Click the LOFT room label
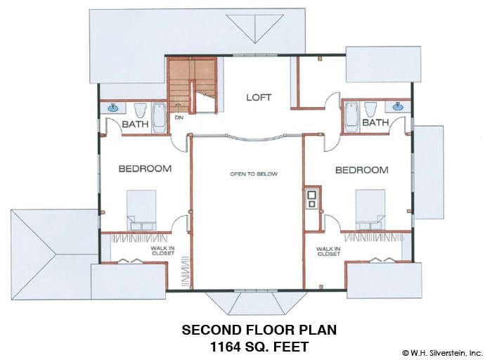[259, 97]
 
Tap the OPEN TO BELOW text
[254, 174]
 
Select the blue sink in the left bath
[113, 108]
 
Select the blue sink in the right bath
[399, 107]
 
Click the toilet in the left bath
[141, 110]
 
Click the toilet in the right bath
[370, 109]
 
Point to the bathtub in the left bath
[160, 118]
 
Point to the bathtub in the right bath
[351, 117]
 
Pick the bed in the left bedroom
[141, 210]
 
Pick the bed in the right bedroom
[370, 210]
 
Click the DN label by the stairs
[179, 117]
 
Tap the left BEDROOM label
[145, 169]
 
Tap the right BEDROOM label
[362, 170]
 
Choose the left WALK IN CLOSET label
[162, 250]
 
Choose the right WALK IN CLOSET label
[328, 251]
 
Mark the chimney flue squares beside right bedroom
[311, 199]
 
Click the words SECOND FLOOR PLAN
[259, 330]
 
